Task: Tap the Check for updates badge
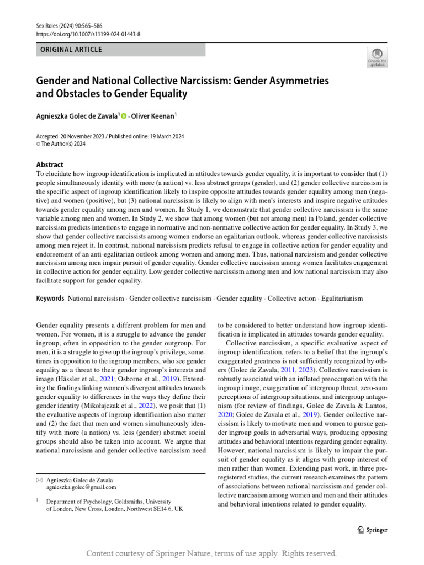pyautogui.click(x=377, y=57)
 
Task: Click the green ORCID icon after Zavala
pyautogui.click(x=124, y=115)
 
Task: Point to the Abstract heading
pyautogui.click(x=50, y=164)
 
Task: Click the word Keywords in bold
pyautogui.click(x=50, y=299)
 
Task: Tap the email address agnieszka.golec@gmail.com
pyautogui.click(x=81, y=487)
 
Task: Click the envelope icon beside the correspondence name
pyautogui.click(x=39, y=479)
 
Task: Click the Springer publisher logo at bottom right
pyautogui.click(x=369, y=530)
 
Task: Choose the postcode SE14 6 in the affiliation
pyautogui.click(x=171, y=509)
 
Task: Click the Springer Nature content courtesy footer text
pyautogui.click(x=212, y=553)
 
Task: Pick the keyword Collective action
pyautogui.click(x=291, y=299)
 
